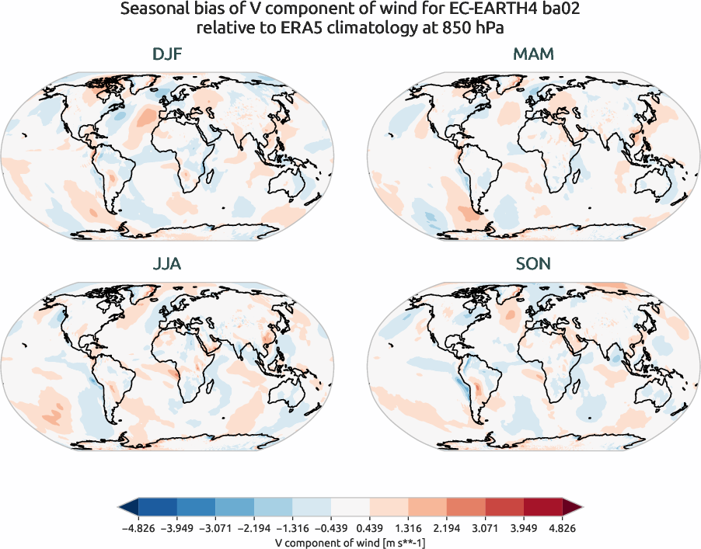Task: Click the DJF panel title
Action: [x=167, y=55]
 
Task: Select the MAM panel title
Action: [x=533, y=55]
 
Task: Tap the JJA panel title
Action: [x=167, y=264]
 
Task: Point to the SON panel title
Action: [x=533, y=264]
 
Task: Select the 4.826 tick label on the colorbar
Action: [x=563, y=529]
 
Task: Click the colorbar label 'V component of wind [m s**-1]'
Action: [x=350, y=543]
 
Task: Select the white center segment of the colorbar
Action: [x=350, y=508]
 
